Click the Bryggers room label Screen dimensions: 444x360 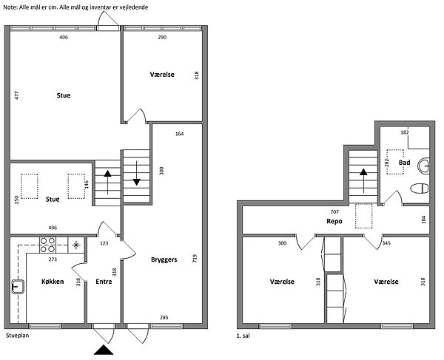[x=164, y=260]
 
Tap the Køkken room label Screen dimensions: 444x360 [x=53, y=282]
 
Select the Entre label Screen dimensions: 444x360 [x=104, y=282]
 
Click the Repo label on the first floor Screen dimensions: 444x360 [x=334, y=222]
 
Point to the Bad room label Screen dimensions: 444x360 [x=404, y=163]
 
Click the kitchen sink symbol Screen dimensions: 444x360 [x=18, y=287]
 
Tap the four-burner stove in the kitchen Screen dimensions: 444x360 [x=47, y=245]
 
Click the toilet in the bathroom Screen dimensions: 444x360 [x=420, y=189]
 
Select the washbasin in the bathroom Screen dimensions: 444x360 [x=423, y=166]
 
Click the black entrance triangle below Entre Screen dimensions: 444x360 [x=104, y=350]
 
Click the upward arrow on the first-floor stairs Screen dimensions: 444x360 [x=363, y=180]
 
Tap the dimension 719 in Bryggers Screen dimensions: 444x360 [x=195, y=259]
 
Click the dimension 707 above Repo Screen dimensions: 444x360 [x=334, y=211]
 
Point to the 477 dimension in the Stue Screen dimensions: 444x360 [x=17, y=95]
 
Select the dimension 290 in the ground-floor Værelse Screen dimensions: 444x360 [x=162, y=37]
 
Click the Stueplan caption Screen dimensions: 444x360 [x=17, y=336]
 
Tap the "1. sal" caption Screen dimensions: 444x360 [x=243, y=336]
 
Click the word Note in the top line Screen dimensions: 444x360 [x=10, y=7]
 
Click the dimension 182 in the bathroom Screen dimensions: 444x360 [x=405, y=132]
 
